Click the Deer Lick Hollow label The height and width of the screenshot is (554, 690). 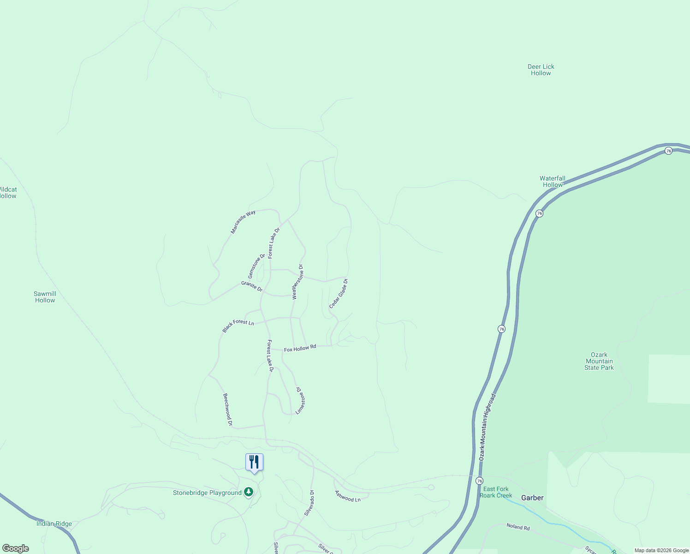[x=541, y=70]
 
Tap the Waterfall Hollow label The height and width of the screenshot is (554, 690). [x=552, y=181]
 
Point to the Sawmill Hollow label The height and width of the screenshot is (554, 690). [x=45, y=297]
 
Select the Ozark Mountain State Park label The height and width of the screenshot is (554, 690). [x=599, y=361]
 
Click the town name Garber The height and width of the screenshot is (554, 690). [x=532, y=498]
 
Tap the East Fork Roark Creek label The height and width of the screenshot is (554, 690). [x=496, y=492]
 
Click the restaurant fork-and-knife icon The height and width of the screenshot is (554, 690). [x=254, y=462]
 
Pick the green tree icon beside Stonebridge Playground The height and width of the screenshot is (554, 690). [x=249, y=492]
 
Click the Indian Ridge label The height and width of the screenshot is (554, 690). [x=54, y=524]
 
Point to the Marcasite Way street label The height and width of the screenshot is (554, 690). [x=243, y=222]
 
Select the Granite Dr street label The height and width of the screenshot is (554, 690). [x=252, y=286]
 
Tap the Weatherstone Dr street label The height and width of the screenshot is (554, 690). [x=297, y=282]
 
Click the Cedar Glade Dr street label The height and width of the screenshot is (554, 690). [x=339, y=294]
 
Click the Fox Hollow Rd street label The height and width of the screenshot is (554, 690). [x=300, y=348]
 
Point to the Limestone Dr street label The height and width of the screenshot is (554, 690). [x=300, y=400]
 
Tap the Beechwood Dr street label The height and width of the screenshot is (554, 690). [x=227, y=409]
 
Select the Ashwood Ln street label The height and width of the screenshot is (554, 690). [x=348, y=496]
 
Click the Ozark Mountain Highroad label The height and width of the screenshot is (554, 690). [x=487, y=427]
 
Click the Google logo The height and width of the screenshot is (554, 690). [x=16, y=548]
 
